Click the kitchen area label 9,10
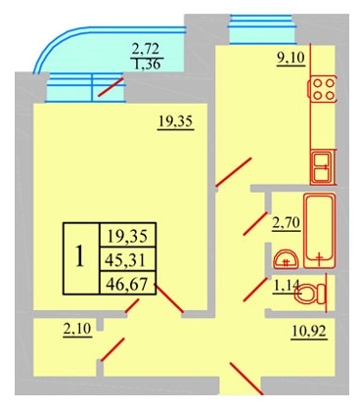pos(291,59)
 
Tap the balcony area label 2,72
pos(145,49)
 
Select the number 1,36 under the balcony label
pos(147,64)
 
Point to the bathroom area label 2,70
pos(287,223)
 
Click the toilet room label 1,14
pos(286,286)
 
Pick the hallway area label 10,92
pos(308,332)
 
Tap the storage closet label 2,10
pos(77,329)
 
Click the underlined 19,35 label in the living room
pos(175,122)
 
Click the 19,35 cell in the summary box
pos(128,236)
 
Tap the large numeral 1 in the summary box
pos(79,256)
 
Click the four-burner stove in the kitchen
pos(323,89)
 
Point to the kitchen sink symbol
pos(322,167)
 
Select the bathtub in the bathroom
pos(320,230)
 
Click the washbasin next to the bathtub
pos(286,259)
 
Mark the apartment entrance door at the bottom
pos(247,378)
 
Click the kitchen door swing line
pos(234,172)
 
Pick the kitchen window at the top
pos(262,28)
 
